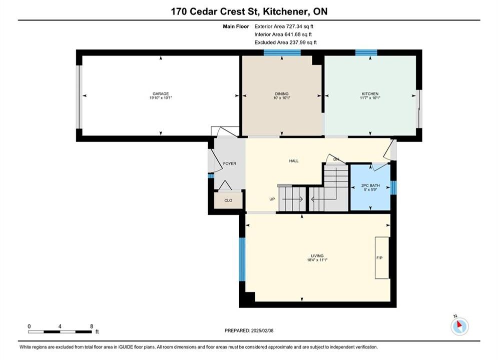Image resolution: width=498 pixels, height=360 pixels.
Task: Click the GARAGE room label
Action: click(161, 93)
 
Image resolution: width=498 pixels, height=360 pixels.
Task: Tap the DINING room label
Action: click(282, 93)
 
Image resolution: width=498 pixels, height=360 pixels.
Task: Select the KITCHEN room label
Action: click(370, 93)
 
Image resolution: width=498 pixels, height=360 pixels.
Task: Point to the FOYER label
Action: click(230, 163)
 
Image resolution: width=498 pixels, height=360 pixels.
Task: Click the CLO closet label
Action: click(228, 200)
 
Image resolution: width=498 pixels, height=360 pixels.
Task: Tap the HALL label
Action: click(294, 161)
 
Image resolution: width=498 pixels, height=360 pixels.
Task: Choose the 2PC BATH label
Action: click(371, 185)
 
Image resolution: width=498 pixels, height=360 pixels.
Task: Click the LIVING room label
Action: click(317, 255)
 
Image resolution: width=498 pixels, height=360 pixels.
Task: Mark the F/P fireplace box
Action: click(382, 258)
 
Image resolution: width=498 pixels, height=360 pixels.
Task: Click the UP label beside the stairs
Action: click(272, 199)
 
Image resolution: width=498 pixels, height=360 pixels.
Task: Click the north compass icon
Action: click(459, 326)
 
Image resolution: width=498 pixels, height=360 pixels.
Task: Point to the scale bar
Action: click(60, 332)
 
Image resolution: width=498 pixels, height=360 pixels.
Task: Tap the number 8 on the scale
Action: click(92, 326)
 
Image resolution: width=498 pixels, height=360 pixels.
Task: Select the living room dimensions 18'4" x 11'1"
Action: click(317, 260)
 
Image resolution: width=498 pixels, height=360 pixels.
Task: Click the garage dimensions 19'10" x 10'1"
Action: click(161, 97)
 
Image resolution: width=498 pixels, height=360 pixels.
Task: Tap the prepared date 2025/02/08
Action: click(262, 330)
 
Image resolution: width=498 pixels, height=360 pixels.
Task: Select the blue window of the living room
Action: click(242, 259)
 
